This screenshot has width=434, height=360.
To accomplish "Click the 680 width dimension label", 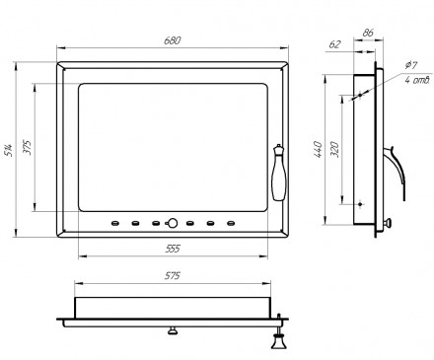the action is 173,40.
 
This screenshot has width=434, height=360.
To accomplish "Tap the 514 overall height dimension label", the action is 9,150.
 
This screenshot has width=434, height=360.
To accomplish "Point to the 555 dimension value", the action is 173,249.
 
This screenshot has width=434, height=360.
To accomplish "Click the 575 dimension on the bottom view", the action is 173,275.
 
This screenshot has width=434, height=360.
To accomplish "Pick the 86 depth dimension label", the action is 368,33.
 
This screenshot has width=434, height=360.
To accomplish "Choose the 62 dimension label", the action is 334,44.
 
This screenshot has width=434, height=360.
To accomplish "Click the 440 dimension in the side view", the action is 318,149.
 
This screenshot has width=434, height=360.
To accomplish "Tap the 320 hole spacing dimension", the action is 334,149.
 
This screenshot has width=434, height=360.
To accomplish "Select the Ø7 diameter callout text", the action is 411,65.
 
